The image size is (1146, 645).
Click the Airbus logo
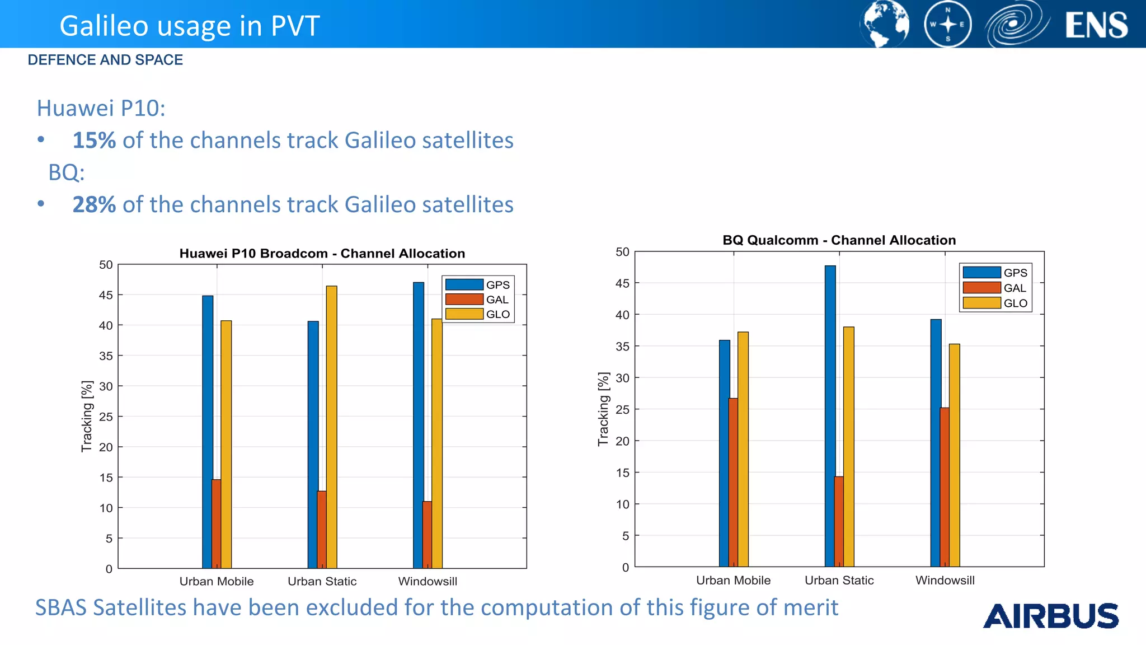tap(1050, 616)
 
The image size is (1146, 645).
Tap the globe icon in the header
tap(884, 24)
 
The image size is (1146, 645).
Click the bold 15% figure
tap(94, 141)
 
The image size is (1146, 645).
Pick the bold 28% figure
tap(94, 205)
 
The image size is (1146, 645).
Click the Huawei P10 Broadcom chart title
tap(322, 254)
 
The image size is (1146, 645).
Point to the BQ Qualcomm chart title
tap(839, 240)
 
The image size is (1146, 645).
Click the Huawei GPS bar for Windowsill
tap(419, 426)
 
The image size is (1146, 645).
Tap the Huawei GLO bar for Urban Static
tap(332, 426)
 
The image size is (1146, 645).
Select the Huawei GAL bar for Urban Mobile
tap(216, 524)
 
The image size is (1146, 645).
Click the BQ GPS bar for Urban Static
tap(830, 414)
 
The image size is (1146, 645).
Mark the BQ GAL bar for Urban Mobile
tap(733, 482)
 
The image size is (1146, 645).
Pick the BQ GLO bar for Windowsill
tap(955, 454)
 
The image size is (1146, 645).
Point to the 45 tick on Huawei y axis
tap(106, 295)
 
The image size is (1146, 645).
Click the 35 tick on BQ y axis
tap(622, 347)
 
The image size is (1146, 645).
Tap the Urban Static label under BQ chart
tap(839, 581)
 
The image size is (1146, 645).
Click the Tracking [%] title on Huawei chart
tap(87, 417)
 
